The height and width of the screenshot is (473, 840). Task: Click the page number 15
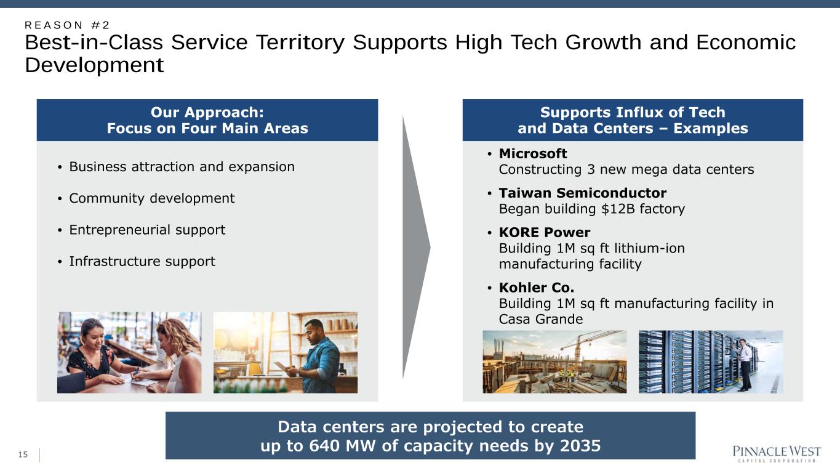pos(23,455)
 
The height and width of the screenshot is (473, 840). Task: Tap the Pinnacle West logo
pos(777,454)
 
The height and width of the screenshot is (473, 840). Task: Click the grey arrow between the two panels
pos(416,247)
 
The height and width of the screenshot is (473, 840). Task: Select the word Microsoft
pos(533,153)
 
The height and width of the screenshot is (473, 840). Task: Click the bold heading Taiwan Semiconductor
pos(582,193)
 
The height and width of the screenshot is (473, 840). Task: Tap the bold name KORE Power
pos(545,232)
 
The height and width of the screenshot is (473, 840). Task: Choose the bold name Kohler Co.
pos(536,288)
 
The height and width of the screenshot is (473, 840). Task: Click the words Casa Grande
pos(541,319)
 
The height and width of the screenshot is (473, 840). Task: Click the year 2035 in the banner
pos(580,446)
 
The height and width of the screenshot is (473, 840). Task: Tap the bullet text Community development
pos(152,198)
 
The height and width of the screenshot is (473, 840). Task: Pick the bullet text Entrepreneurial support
pos(147,230)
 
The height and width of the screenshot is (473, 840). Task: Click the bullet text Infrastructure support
pos(142,261)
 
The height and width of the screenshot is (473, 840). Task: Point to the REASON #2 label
pos(67,25)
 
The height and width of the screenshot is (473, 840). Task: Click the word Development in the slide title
pos(94,65)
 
